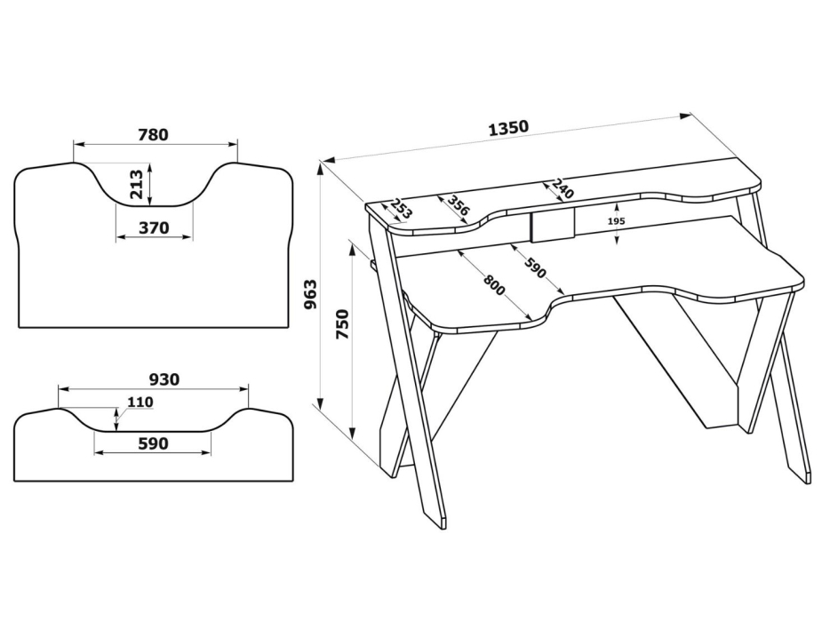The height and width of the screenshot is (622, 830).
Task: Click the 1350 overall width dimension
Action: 508,127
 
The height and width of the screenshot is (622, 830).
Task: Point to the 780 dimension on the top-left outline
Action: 153,135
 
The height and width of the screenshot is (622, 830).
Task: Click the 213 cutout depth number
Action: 136,183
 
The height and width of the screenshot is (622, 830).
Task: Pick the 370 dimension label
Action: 154,227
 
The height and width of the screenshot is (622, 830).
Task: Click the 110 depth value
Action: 140,403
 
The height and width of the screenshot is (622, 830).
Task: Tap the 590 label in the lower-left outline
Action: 153,443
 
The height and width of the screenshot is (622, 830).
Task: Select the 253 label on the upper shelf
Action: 402,210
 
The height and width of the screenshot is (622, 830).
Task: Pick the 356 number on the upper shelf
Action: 459,205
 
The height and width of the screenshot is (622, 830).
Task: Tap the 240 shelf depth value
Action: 563,188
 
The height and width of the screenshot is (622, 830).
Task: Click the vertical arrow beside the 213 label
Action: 151,184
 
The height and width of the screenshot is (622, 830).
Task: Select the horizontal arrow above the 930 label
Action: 153,389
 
